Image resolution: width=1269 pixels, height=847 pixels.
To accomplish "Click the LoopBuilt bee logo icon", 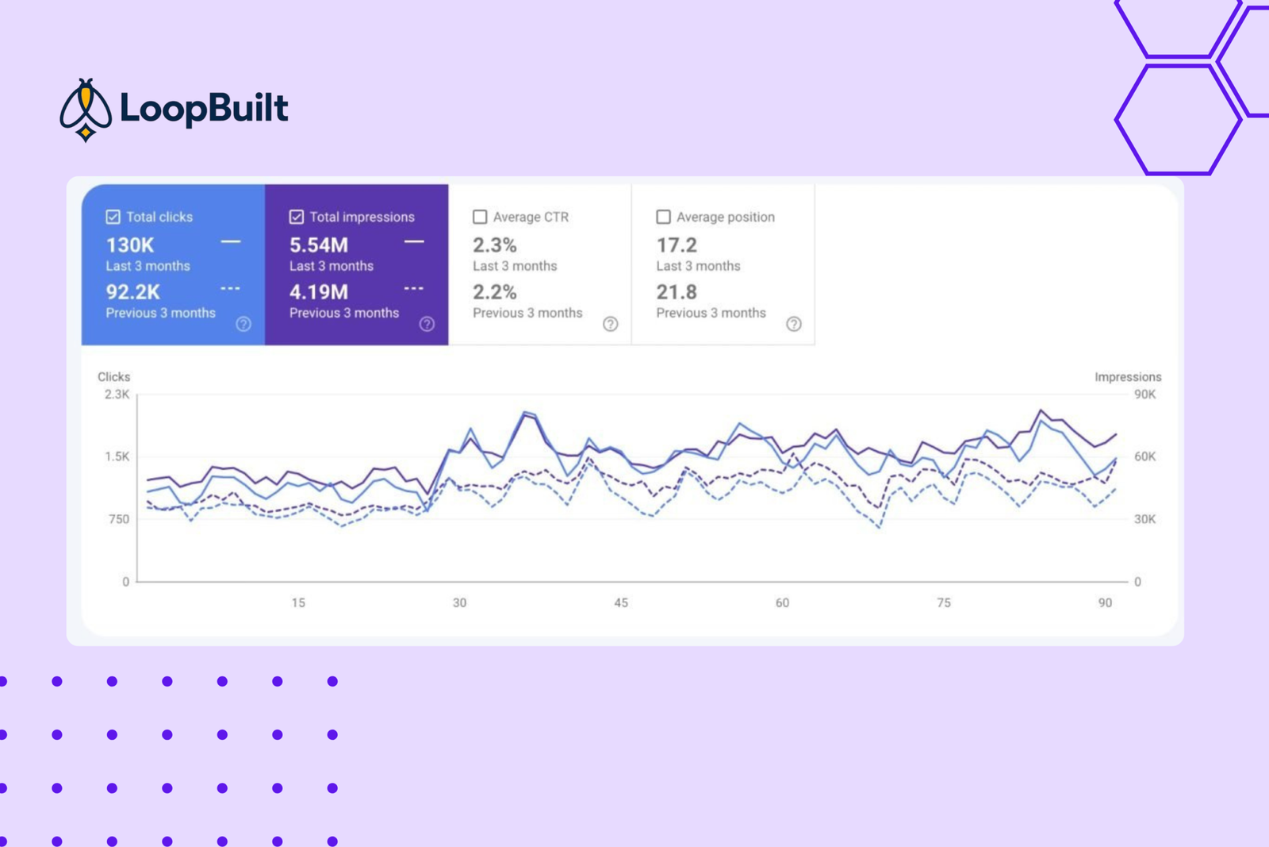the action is point(86,110).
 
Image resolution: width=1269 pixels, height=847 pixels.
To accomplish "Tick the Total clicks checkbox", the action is point(113,218).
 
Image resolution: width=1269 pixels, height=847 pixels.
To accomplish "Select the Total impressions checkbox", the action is point(297,218).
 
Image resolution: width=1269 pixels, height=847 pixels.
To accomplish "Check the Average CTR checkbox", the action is point(480,218).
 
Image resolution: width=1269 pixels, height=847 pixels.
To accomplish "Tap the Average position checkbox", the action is point(663,218).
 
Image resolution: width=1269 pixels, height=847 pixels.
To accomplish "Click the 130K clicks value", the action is point(130,245).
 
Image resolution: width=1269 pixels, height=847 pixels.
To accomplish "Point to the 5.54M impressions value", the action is point(318,245).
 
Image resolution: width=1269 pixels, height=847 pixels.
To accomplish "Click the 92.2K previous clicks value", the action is point(133,293).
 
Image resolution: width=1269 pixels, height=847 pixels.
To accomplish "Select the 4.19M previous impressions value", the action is point(318,293).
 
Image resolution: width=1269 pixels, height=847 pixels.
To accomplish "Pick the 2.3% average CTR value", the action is point(495,245).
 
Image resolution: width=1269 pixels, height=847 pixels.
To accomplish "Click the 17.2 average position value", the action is point(677,245).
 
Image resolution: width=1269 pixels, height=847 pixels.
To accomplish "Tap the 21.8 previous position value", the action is point(677,293).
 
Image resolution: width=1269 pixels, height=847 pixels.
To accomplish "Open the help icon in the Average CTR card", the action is point(610,324).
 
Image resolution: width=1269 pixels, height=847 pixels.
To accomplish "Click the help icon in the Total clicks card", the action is point(243,324).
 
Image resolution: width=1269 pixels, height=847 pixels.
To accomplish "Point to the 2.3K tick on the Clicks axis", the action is point(117,395).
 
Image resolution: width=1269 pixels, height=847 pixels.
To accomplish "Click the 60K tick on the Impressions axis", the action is point(1145,457).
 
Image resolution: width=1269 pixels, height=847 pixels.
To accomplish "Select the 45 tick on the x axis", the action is point(621,603).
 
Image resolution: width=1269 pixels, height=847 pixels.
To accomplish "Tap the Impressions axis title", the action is point(1128,377).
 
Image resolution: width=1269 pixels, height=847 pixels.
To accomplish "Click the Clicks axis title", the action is point(114,377).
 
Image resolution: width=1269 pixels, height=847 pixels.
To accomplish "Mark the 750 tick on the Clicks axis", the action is point(118,519).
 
